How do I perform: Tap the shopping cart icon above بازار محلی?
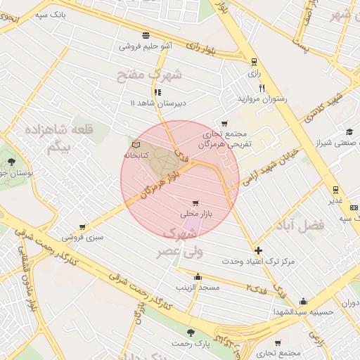pos(205,203)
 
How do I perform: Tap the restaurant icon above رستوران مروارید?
pos(262,88)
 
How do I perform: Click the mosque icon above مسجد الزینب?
pos(198,276)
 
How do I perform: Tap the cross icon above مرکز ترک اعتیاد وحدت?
pos(258,250)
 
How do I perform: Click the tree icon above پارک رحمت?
pos(190,333)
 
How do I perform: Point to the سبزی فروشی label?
pos(82,237)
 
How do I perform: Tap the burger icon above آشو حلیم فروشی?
pos(146,35)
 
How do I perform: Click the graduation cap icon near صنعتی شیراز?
pos(349,131)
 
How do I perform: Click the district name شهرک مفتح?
pos(176,73)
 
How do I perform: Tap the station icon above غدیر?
pos(335,189)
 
